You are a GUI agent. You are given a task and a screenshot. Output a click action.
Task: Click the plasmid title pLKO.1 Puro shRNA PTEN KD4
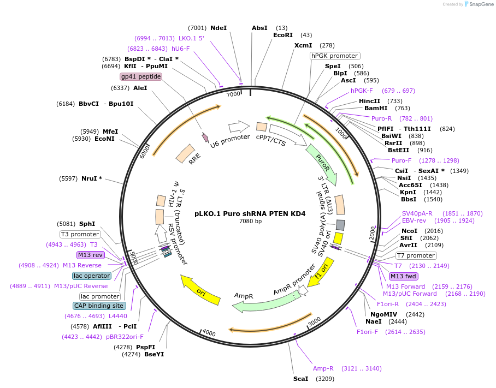click(x=250, y=213)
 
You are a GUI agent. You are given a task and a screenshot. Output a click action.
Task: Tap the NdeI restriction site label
click(x=219, y=28)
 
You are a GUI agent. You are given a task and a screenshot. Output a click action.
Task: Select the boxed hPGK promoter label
click(x=334, y=56)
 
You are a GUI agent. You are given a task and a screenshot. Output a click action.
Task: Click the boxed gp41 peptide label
click(x=141, y=77)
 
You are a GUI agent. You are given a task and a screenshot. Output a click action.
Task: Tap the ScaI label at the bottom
click(x=301, y=378)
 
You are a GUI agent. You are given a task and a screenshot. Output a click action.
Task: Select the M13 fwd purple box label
click(x=403, y=276)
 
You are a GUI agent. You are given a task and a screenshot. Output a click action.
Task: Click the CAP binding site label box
click(x=99, y=306)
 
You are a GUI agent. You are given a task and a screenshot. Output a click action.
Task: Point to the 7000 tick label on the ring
click(x=233, y=94)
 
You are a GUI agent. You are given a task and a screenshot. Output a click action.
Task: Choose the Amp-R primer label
click(x=323, y=368)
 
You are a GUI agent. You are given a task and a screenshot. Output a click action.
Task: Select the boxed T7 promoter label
click(x=415, y=255)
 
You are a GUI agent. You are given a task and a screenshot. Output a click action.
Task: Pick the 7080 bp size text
click(x=250, y=221)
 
